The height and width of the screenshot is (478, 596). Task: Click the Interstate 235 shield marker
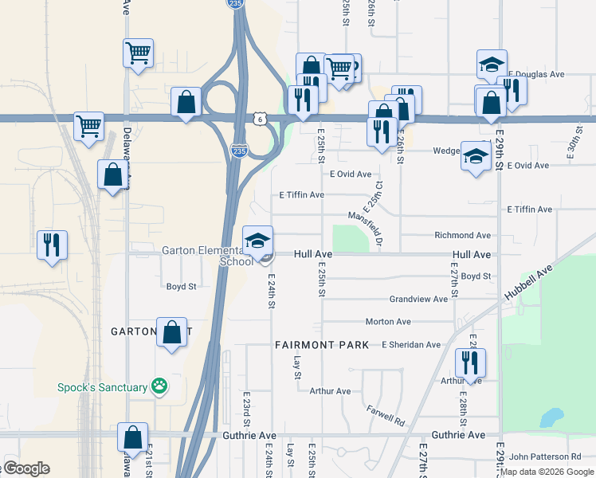click(x=238, y=150)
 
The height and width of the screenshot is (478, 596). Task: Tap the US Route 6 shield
click(x=259, y=119)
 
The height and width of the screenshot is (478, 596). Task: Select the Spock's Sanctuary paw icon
click(x=160, y=386)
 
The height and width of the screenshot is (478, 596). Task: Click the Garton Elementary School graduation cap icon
click(x=257, y=240)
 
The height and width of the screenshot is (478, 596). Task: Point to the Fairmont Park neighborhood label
click(x=322, y=345)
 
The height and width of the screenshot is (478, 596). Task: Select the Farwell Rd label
click(x=386, y=414)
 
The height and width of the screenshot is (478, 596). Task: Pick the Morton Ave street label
click(x=388, y=322)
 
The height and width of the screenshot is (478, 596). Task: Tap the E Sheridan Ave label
click(x=410, y=345)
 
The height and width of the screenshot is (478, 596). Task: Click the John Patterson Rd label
click(x=545, y=456)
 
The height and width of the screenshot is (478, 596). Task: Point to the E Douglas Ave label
click(x=535, y=74)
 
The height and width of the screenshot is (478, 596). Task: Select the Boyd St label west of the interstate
click(x=181, y=287)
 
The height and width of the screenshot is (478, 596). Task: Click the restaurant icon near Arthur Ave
click(x=470, y=363)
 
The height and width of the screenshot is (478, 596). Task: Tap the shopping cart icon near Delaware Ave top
click(x=139, y=53)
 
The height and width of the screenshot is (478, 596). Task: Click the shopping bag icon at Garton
click(x=171, y=332)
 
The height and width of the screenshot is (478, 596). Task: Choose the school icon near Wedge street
click(x=476, y=157)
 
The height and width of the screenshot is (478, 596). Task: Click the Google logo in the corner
click(x=25, y=468)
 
